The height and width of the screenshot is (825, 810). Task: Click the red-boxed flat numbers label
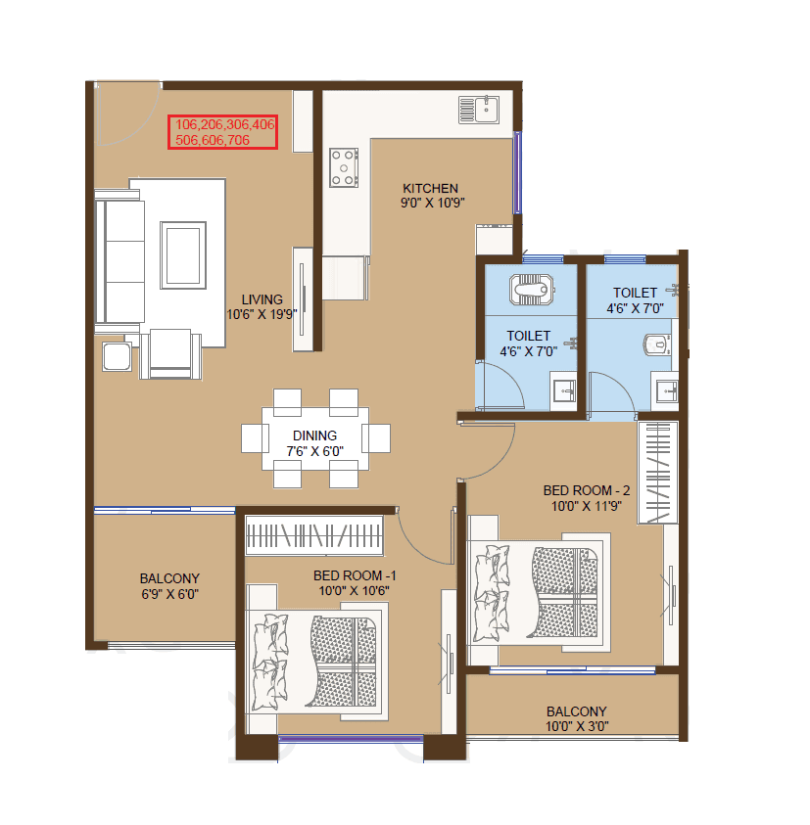[224, 132]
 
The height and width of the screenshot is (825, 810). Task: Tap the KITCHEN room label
[431, 188]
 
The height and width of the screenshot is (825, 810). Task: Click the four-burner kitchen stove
[345, 166]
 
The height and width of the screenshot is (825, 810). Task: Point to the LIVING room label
[262, 299]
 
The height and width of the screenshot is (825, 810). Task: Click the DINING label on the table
[314, 435]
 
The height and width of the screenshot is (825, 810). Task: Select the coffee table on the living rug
[184, 254]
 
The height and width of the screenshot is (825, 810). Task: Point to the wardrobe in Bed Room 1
[313, 537]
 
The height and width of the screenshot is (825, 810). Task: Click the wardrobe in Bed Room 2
[657, 473]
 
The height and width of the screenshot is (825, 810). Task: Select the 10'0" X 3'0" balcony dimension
[575, 726]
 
